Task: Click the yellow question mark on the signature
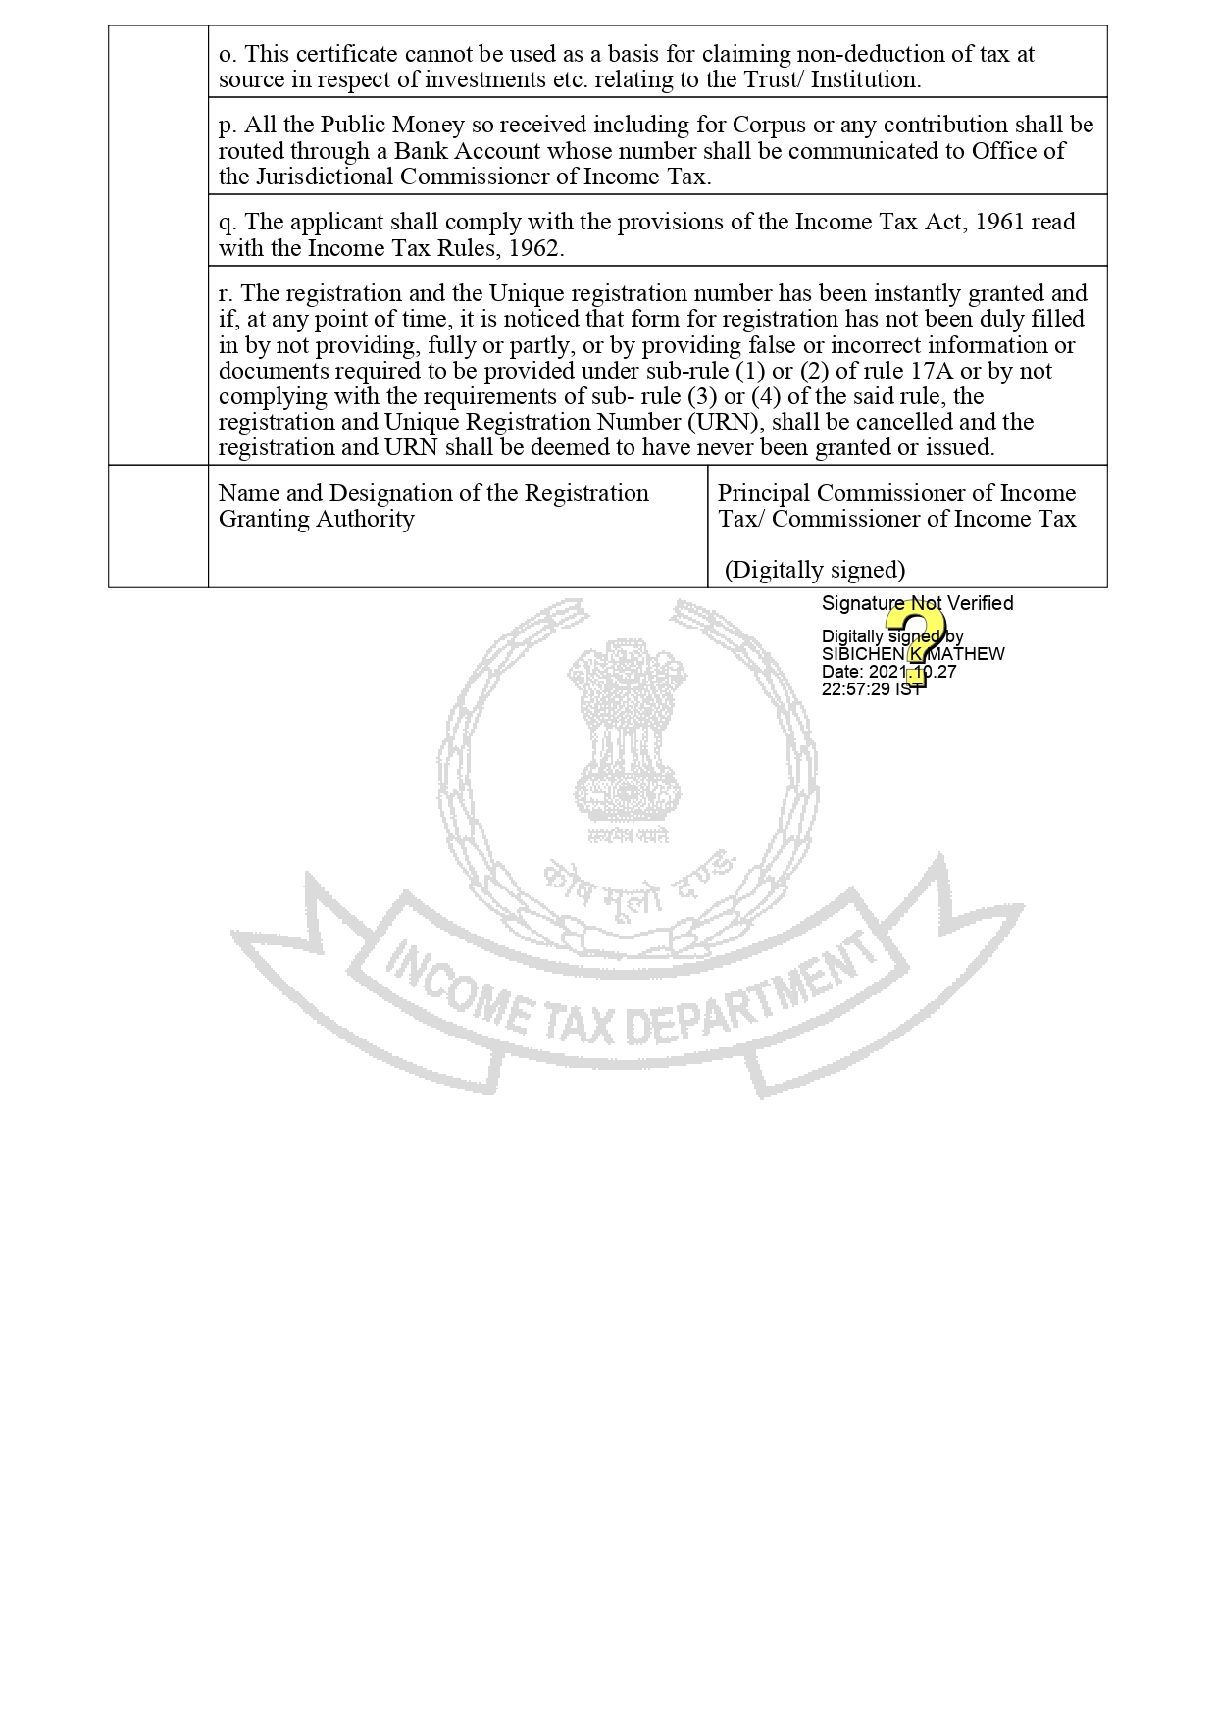tap(916, 642)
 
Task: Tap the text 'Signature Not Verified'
tap(917, 603)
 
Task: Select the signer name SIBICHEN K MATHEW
tap(913, 654)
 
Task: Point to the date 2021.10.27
tap(912, 672)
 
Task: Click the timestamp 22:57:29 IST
tap(872, 689)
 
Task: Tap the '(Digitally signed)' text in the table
tap(815, 570)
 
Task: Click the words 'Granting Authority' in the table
tap(316, 519)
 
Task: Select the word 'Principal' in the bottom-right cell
tap(763, 493)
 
